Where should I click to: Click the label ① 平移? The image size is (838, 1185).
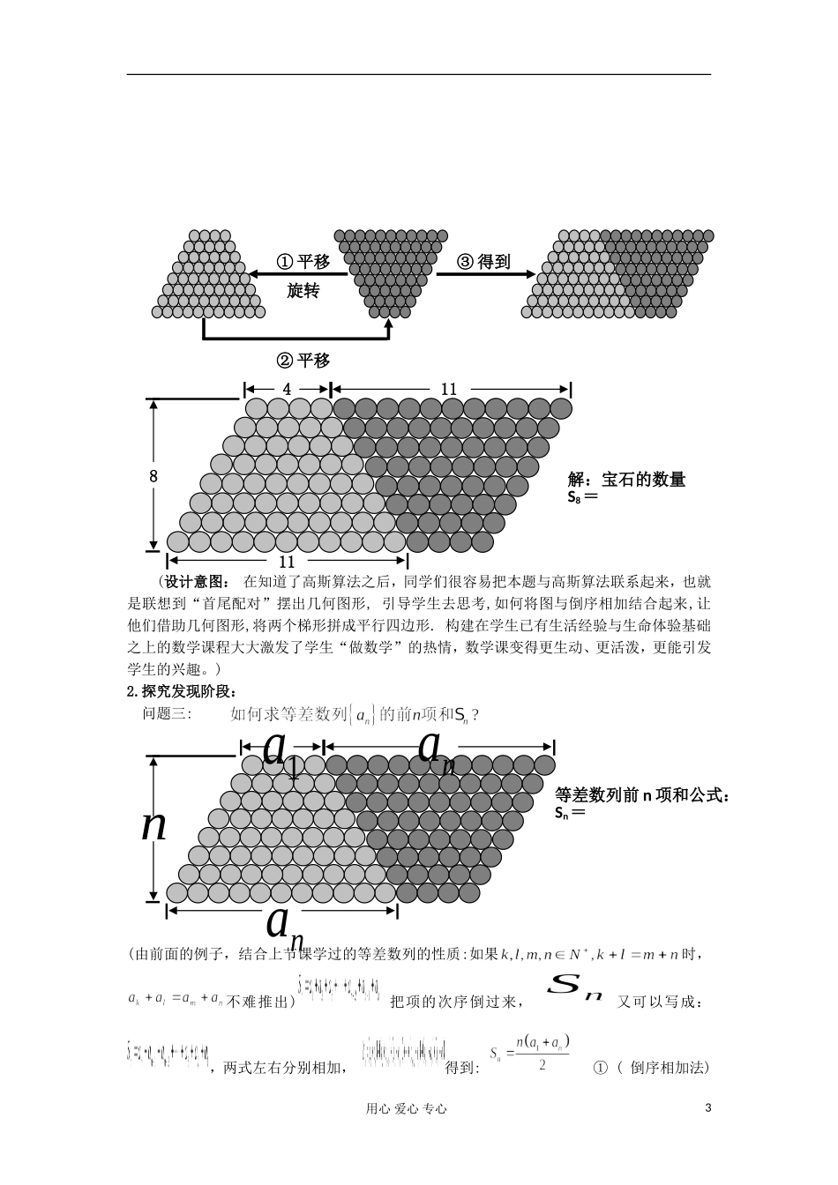click(303, 262)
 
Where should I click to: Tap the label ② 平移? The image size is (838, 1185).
click(303, 360)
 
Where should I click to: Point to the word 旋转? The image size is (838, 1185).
click(303, 290)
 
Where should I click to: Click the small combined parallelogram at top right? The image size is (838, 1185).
click(620, 273)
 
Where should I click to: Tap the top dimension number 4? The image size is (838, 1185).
click(287, 389)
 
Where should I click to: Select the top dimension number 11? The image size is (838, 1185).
click(449, 389)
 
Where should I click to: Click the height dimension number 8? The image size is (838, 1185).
click(153, 476)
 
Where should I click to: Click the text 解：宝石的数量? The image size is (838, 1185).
click(627, 480)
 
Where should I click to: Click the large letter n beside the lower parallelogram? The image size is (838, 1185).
click(154, 825)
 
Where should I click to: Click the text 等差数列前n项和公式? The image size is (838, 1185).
click(642, 795)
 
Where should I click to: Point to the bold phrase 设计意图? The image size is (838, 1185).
click(196, 581)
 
